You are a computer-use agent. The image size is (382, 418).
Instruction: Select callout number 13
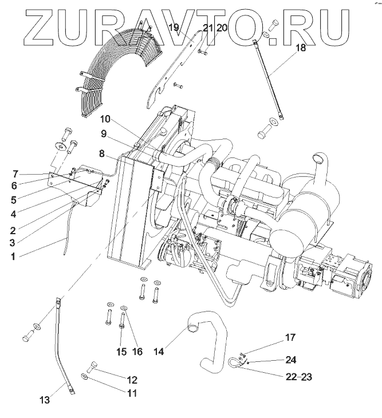coord(45,400)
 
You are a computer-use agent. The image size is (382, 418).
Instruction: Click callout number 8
coord(101,153)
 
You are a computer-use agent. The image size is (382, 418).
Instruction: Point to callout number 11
coord(132,393)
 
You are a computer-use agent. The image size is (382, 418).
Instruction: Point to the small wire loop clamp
coord(234,361)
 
